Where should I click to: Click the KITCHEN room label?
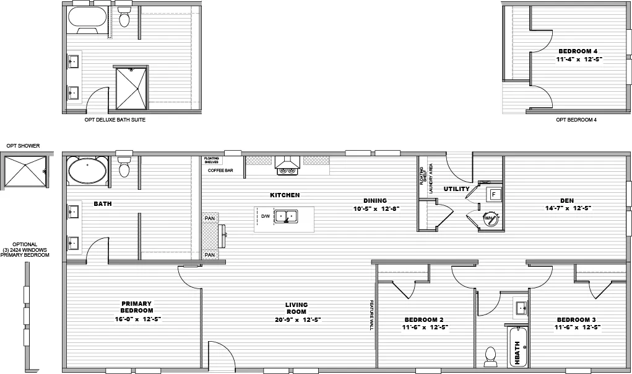[x=285, y=195]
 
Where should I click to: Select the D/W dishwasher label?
[x=265, y=216]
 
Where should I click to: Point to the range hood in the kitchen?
[x=287, y=164]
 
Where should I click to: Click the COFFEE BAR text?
[x=220, y=170]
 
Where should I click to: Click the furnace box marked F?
[x=493, y=194]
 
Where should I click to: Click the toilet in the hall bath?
[x=491, y=355]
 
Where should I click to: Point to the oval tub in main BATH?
[x=87, y=171]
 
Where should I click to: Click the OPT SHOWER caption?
[x=23, y=146]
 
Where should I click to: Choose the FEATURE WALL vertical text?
[x=372, y=317]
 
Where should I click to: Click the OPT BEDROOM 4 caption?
[x=576, y=120]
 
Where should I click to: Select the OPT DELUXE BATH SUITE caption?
[x=115, y=120]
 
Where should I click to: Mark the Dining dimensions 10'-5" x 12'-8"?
[x=375, y=208]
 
